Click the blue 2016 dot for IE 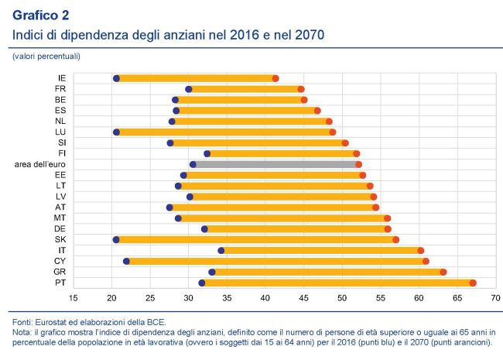pos(116,78)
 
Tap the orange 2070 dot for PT pos(473,283)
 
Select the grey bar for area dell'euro pos(275,165)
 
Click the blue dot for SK pos(116,240)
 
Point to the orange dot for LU pos(333,132)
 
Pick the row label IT pos(61,250)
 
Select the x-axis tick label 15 pos(74,298)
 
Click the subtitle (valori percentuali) pos(46,57)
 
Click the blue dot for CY pos(126,262)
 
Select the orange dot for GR pos(443,272)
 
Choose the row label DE pos(60,228)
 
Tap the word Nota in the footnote pos(22,331)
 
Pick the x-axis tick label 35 pos(227,298)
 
